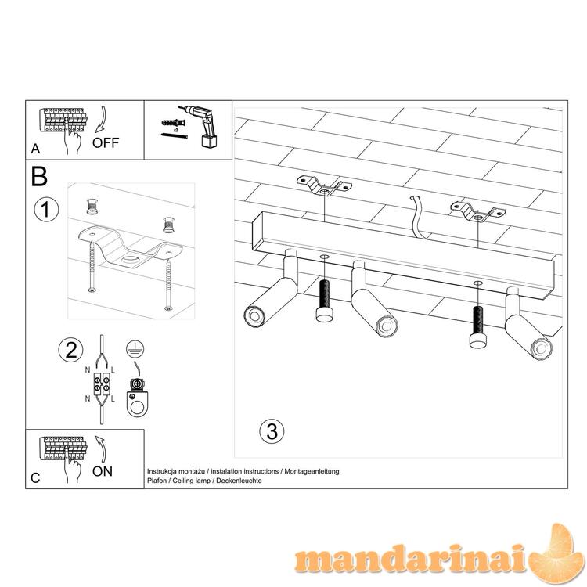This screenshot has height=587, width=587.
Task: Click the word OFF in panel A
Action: pos(106,142)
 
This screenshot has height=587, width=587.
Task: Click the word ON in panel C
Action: pos(103,471)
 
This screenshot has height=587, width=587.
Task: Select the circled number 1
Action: pos(46,210)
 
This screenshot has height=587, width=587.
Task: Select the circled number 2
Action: pos(70,350)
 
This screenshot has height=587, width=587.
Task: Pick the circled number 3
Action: pos(272,431)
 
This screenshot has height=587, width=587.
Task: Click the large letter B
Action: pos(39,176)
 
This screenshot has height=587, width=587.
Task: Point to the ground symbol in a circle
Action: pos(135,349)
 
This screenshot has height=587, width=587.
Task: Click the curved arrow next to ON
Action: pos(102,448)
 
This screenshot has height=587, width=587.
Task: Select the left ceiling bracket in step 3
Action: pos(324,185)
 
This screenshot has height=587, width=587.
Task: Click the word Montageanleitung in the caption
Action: pos(312,472)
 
